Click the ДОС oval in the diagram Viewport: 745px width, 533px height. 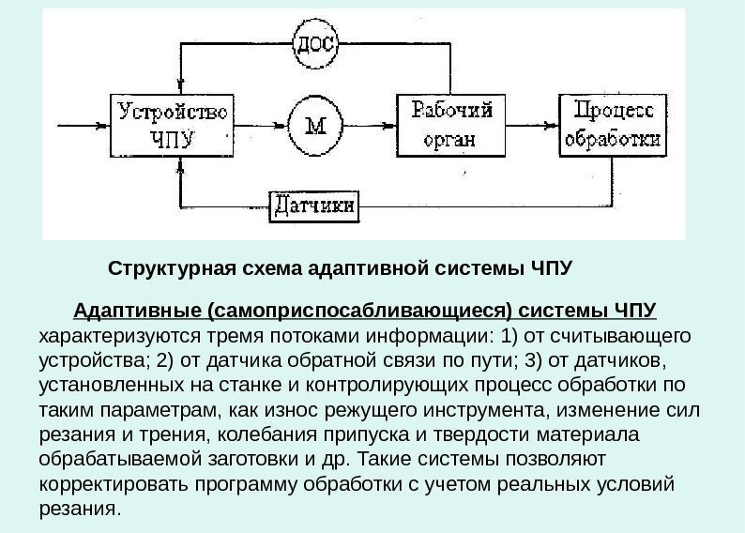[315, 41]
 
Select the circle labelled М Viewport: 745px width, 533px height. [315, 125]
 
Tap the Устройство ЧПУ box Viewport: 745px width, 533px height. [175, 125]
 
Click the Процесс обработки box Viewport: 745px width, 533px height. [614, 125]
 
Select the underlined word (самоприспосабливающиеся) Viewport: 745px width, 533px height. [360, 311]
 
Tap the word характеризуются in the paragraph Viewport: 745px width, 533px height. [105, 336]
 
